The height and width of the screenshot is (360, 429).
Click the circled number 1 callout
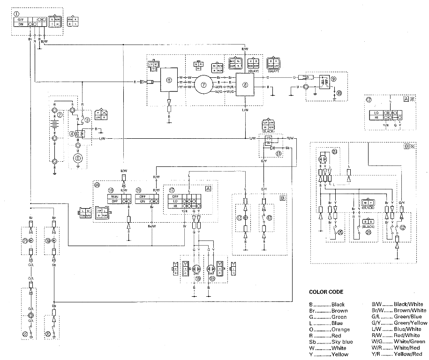pos(17,14)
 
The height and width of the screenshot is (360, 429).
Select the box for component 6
pos(169,82)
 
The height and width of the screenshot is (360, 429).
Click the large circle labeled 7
pos(204,85)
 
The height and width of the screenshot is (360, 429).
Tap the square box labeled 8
pos(245,84)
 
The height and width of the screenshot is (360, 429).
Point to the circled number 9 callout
pos(333,79)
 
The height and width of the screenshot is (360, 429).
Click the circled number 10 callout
pos(339,93)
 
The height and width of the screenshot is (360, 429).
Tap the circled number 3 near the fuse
pos(87,120)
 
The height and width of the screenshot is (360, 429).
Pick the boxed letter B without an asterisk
pos(282,198)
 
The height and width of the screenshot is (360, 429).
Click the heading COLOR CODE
pos(326,292)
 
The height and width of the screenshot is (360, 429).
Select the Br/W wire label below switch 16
pos(151,226)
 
